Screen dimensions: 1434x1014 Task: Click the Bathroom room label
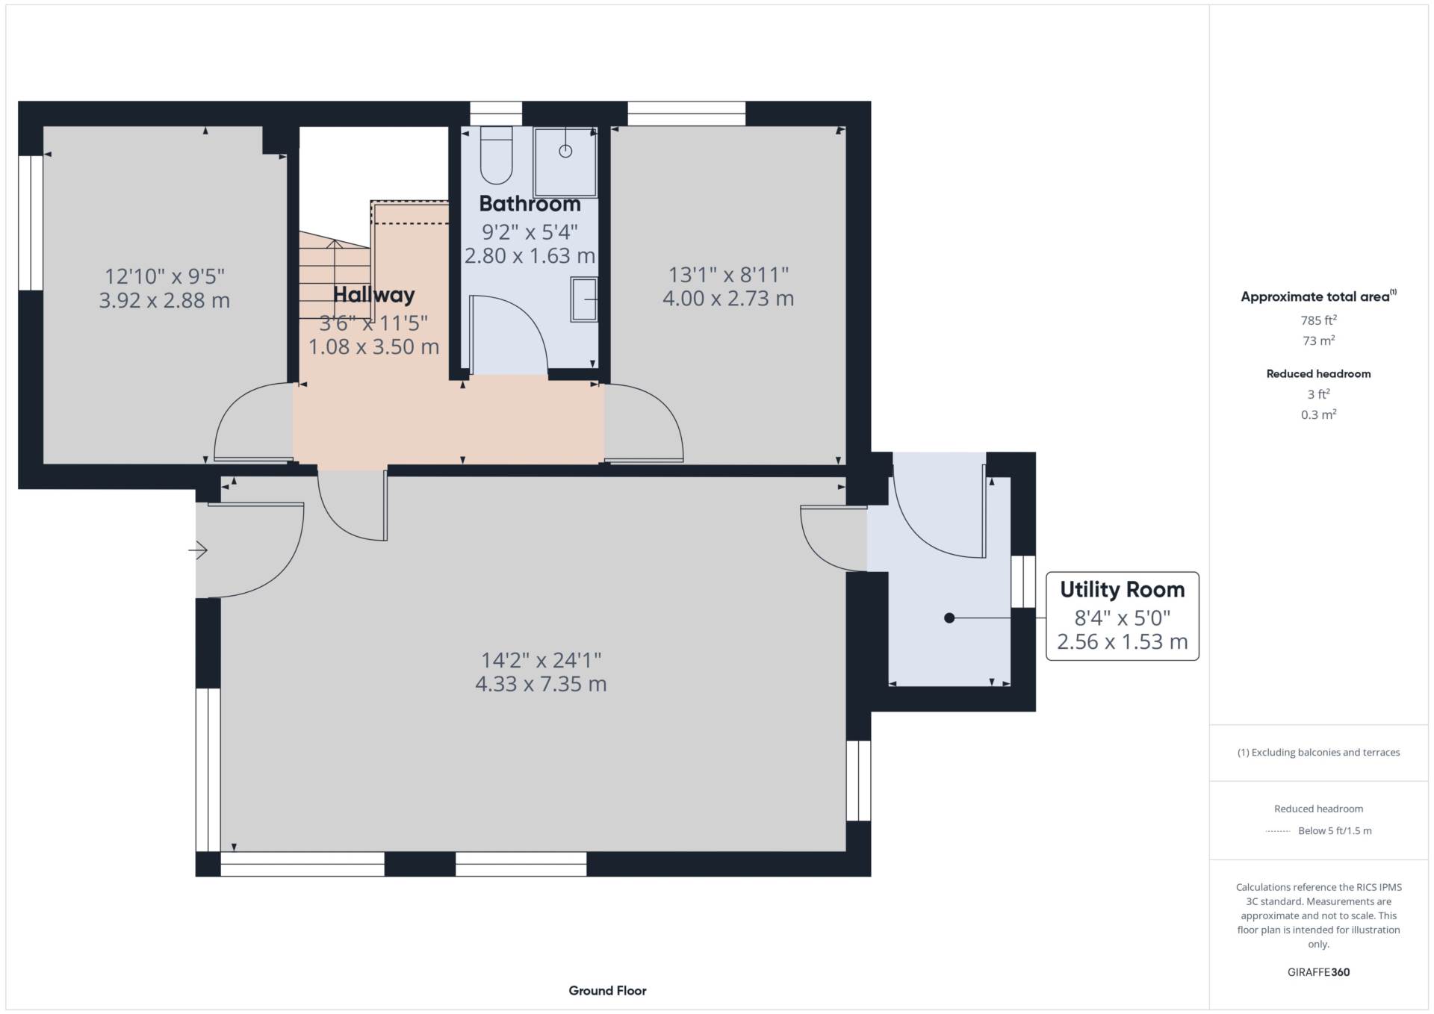click(530, 204)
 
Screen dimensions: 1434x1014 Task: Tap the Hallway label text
click(373, 295)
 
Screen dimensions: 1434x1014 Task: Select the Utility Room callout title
click(1122, 590)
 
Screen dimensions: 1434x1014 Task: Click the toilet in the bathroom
click(496, 155)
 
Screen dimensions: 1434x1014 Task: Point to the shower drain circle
click(565, 151)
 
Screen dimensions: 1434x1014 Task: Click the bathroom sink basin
click(585, 299)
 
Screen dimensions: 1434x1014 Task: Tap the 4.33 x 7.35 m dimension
click(541, 684)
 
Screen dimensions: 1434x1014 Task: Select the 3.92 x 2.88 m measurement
click(164, 301)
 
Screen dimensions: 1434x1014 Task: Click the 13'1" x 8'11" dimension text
click(728, 275)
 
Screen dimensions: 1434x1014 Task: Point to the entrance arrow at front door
click(198, 551)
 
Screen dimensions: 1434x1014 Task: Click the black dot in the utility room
click(949, 618)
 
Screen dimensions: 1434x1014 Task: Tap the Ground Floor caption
click(607, 991)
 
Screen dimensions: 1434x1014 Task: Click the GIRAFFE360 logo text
click(1318, 972)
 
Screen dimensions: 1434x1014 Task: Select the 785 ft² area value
click(1318, 320)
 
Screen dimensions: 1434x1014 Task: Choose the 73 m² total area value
click(1318, 340)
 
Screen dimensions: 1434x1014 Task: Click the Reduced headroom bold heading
click(1318, 374)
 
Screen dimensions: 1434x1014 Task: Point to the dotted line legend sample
click(1278, 831)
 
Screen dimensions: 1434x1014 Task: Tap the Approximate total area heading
click(1315, 297)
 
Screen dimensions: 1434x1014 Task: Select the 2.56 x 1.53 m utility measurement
click(1122, 642)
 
